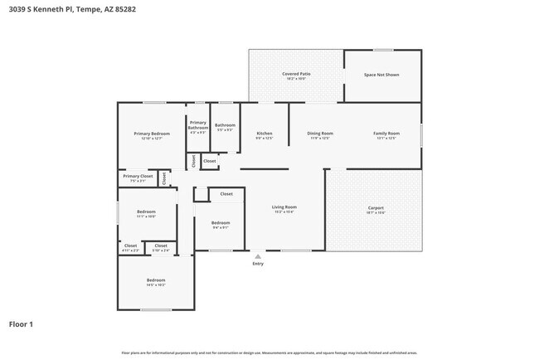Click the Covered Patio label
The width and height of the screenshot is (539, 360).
(x=296, y=75)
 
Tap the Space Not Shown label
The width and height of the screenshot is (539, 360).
(x=381, y=75)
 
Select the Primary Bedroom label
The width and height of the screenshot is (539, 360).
(x=152, y=134)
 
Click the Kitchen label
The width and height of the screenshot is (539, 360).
(x=265, y=134)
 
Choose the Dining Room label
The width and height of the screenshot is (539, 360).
(x=320, y=134)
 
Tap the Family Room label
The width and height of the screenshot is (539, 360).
(x=386, y=134)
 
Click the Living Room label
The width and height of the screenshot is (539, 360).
(x=284, y=207)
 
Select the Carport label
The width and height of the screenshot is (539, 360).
(x=376, y=207)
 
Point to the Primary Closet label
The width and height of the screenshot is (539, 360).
(x=138, y=176)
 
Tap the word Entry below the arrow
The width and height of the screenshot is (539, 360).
(x=258, y=264)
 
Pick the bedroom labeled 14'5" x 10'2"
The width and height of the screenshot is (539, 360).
(x=156, y=280)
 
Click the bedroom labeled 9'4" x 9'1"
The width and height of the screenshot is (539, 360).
(x=220, y=223)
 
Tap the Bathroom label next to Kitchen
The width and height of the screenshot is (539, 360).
(x=226, y=125)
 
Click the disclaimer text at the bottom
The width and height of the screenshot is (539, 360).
(x=269, y=353)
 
